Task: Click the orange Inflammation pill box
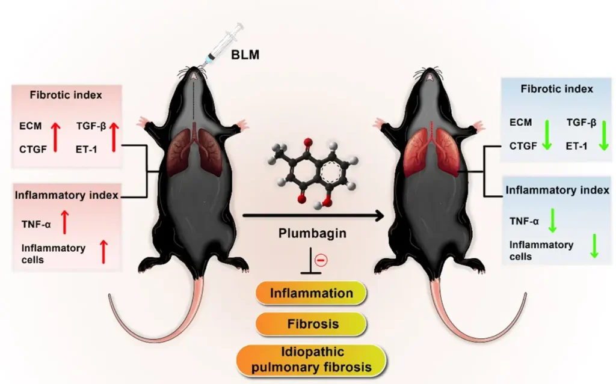(x=311, y=294)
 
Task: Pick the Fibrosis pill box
(x=311, y=324)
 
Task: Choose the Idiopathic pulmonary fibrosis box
(x=311, y=359)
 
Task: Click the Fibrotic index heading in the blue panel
(x=556, y=89)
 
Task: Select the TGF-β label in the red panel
(x=90, y=126)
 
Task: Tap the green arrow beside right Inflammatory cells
(x=594, y=246)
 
